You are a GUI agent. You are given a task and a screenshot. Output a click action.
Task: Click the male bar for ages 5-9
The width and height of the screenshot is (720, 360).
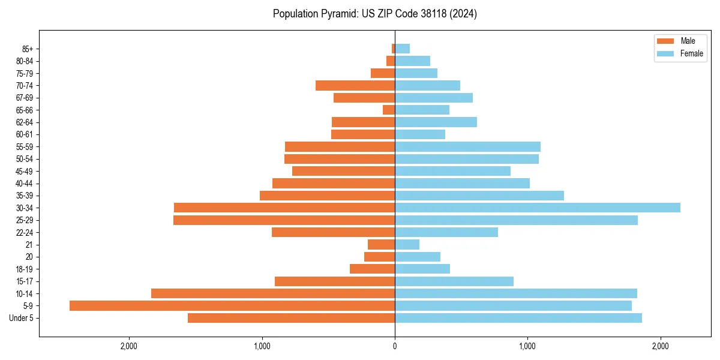click(232, 306)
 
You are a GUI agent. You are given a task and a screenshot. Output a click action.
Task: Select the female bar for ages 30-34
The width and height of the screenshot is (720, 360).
click(538, 208)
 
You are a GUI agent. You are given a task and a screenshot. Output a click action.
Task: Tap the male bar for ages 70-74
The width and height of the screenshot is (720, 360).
click(355, 85)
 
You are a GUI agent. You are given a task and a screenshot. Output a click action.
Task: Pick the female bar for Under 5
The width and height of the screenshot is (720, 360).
click(518, 318)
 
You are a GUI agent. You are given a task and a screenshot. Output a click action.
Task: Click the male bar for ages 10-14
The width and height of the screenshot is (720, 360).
click(273, 293)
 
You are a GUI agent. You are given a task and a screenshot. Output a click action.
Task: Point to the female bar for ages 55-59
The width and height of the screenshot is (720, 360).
click(467, 146)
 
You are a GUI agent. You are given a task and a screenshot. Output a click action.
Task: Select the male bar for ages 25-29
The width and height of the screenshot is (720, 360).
click(284, 220)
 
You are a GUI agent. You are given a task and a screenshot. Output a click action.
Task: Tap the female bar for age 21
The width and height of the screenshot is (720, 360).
click(407, 244)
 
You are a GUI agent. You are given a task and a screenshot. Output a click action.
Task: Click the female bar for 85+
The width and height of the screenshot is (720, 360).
click(402, 49)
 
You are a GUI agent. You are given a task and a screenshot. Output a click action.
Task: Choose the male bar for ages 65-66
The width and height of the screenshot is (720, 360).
click(389, 110)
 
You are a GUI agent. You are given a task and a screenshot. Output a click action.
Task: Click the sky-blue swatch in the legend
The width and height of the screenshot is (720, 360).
click(666, 53)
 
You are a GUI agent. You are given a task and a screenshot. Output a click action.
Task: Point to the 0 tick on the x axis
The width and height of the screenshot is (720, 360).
click(395, 346)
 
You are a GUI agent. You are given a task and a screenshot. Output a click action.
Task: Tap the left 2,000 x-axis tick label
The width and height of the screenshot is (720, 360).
click(129, 346)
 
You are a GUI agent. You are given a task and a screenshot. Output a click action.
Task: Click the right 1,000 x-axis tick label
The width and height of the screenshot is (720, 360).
click(527, 346)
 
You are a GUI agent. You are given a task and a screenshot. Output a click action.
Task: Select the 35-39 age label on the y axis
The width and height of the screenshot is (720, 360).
click(25, 196)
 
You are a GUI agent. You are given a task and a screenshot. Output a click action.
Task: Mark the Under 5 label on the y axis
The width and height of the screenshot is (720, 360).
click(22, 318)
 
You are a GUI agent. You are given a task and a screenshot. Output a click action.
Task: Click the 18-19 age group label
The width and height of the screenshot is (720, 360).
click(25, 269)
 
